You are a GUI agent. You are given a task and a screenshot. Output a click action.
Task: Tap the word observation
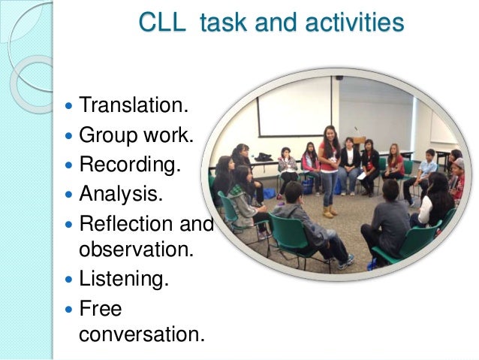(x=131, y=250)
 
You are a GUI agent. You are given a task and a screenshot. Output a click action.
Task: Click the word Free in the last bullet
(x=100, y=308)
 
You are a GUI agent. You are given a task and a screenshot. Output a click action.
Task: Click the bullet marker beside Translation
(x=69, y=104)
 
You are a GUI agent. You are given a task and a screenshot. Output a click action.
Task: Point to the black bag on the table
(x=264, y=157)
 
